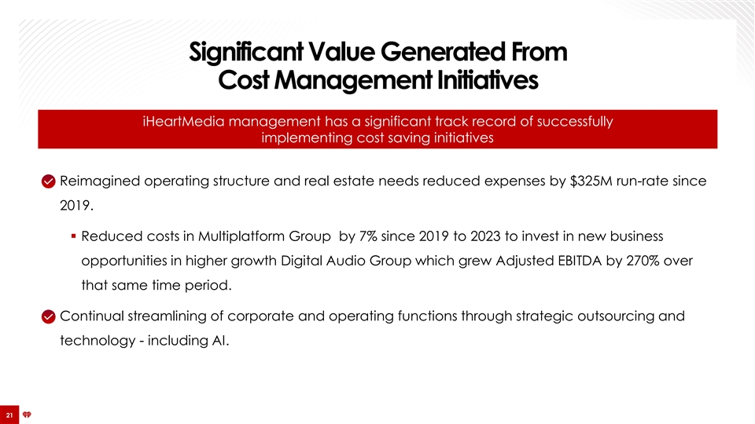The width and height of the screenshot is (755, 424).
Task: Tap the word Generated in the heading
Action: pos(443,53)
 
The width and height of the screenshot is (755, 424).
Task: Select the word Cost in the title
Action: pos(243,80)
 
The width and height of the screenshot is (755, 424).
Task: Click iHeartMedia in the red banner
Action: pos(183,121)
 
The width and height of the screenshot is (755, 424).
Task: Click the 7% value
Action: pos(368,236)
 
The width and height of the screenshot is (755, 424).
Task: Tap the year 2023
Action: pos(485,236)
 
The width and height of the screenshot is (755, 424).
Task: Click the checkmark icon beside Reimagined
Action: pos(49,181)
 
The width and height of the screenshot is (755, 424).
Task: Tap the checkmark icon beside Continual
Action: pos(49,316)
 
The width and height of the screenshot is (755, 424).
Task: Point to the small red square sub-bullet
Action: pos(74,236)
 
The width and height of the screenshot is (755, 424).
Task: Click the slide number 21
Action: pos(9,415)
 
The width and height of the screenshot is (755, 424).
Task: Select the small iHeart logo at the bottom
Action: pos(27,415)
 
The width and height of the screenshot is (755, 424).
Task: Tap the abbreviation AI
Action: pos(220,341)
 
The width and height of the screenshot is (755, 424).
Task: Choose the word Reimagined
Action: pos(100,181)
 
